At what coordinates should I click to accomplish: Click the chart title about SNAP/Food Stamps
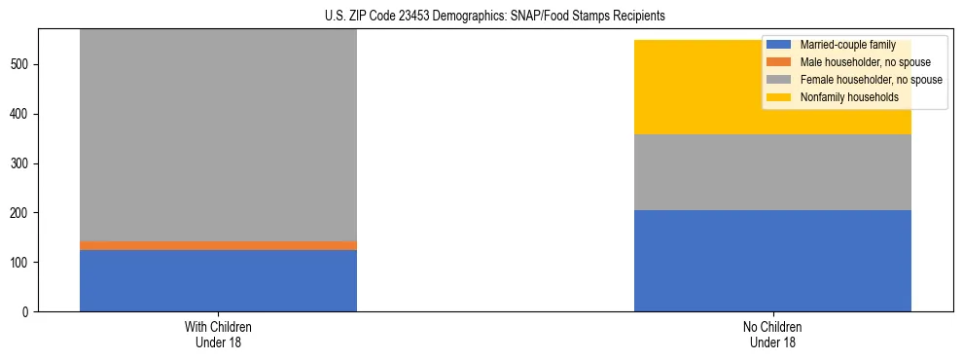(x=495, y=17)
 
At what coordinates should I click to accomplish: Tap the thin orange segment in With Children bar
(x=218, y=245)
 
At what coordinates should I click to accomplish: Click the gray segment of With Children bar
(x=218, y=136)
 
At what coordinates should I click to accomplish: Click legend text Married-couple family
(x=847, y=45)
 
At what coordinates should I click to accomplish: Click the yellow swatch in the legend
(x=779, y=97)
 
